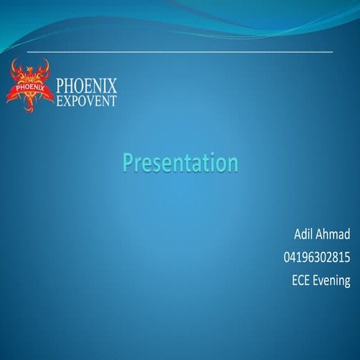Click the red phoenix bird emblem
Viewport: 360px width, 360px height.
(30, 84)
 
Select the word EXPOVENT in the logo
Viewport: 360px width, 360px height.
(86, 100)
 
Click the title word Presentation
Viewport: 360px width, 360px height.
(180, 162)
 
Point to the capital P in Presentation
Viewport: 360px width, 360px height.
(127, 162)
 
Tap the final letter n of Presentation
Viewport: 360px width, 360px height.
(232, 163)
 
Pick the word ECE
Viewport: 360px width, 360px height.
(301, 281)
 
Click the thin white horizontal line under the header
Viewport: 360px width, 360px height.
(180, 52)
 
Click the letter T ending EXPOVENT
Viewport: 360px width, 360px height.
(113, 100)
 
